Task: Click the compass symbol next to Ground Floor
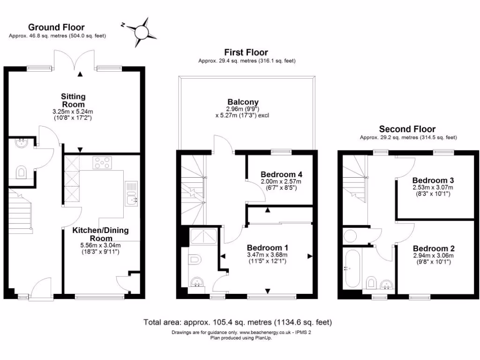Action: pyautogui.click(x=142, y=30)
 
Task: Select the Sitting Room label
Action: pyautogui.click(x=73, y=100)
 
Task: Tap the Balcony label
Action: pyautogui.click(x=243, y=102)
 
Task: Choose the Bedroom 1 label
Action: pyautogui.click(x=267, y=247)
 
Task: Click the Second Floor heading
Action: pyautogui.click(x=407, y=129)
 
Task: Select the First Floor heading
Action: pyautogui.click(x=246, y=52)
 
